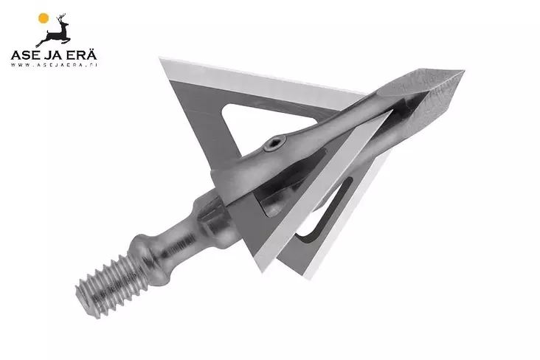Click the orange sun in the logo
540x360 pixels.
click(44, 18)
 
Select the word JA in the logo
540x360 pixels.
click(55, 55)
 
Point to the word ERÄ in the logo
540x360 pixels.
click(83, 55)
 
